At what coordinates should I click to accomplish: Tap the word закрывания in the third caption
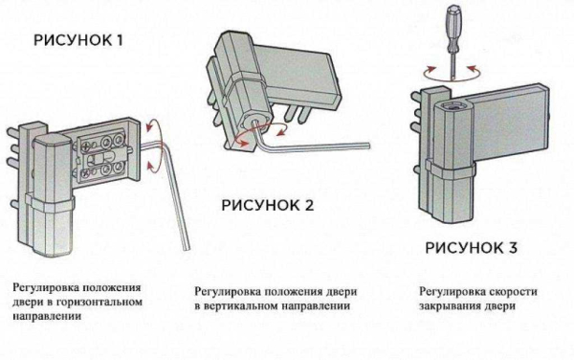454,305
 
